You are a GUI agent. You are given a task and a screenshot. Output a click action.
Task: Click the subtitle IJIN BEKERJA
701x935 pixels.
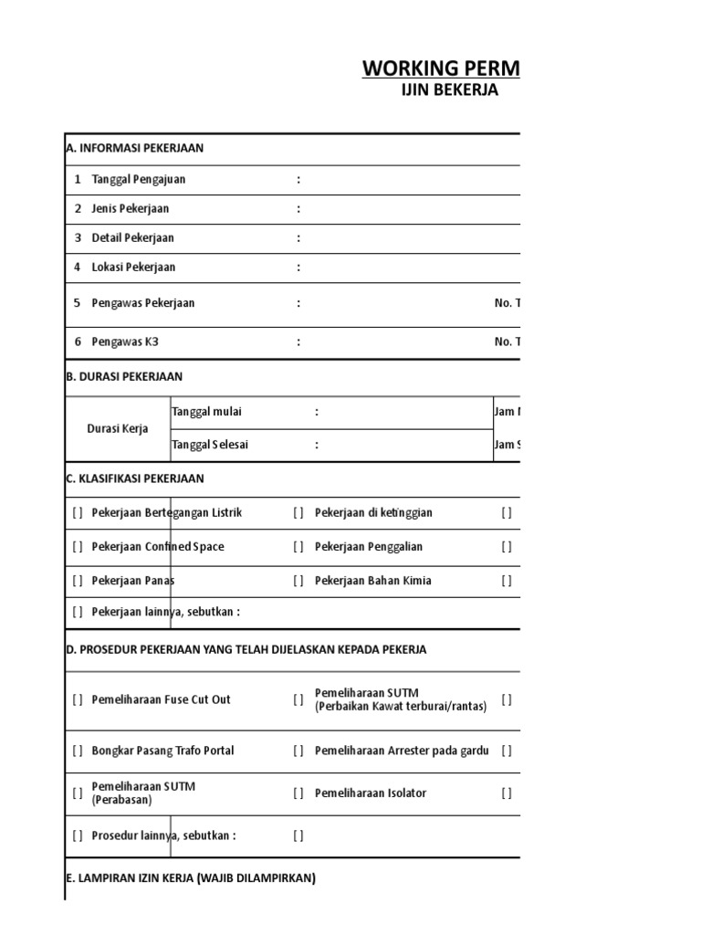click(x=450, y=90)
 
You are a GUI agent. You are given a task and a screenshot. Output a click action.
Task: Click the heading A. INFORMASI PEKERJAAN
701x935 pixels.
click(x=135, y=148)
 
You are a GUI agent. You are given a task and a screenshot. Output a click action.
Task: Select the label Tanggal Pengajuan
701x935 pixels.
click(x=139, y=180)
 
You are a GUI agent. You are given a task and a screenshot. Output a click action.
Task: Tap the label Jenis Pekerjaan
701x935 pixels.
click(x=131, y=209)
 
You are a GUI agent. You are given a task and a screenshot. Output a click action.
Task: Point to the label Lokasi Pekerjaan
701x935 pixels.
click(x=133, y=268)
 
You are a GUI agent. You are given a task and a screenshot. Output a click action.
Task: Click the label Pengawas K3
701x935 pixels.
click(x=119, y=342)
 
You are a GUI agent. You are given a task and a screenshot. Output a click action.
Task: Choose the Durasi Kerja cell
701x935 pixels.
click(x=117, y=428)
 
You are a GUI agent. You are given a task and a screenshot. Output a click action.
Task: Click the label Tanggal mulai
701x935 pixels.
click(x=206, y=412)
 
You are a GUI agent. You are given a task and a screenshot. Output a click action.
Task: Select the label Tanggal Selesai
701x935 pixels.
click(x=210, y=445)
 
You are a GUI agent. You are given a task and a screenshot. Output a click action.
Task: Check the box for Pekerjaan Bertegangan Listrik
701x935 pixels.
click(x=78, y=513)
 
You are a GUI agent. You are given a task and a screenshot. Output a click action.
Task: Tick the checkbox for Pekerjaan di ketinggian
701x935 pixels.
click(x=298, y=513)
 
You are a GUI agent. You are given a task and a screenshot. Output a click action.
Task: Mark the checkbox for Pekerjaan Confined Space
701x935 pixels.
click(x=78, y=547)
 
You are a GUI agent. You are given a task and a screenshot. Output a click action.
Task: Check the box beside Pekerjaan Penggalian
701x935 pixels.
click(x=298, y=547)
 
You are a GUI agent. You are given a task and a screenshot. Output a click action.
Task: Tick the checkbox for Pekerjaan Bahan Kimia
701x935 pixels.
click(x=298, y=581)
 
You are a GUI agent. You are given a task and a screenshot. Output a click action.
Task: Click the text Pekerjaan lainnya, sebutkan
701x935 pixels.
click(x=165, y=612)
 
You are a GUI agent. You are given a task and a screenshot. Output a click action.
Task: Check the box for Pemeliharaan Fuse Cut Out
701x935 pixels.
click(x=78, y=700)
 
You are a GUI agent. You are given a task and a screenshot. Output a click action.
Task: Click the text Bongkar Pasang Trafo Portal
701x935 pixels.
click(x=162, y=751)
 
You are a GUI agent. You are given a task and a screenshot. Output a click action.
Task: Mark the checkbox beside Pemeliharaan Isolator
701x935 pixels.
click(x=298, y=793)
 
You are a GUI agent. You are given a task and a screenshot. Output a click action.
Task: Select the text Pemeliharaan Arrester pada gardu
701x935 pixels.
click(x=402, y=751)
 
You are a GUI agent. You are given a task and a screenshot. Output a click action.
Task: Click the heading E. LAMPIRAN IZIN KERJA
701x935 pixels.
click(x=191, y=878)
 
